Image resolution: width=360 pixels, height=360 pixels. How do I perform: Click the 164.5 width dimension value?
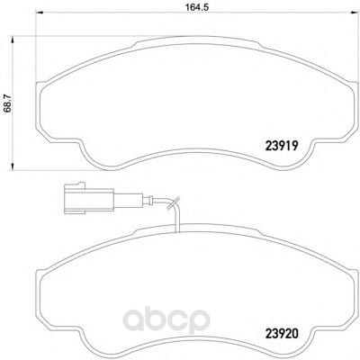click(x=196, y=7)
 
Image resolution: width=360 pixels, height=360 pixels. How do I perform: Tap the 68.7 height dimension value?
click(x=7, y=103)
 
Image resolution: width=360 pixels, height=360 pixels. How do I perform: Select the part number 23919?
click(x=282, y=146)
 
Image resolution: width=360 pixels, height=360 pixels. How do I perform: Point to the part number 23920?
click(x=282, y=334)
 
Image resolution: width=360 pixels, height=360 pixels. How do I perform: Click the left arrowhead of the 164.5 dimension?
click(x=40, y=13)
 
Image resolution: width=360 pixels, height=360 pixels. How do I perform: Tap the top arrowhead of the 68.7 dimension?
click(x=13, y=40)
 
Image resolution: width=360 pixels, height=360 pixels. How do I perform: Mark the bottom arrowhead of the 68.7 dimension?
click(x=13, y=166)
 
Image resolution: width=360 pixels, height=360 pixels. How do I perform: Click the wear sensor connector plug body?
click(x=89, y=199)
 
